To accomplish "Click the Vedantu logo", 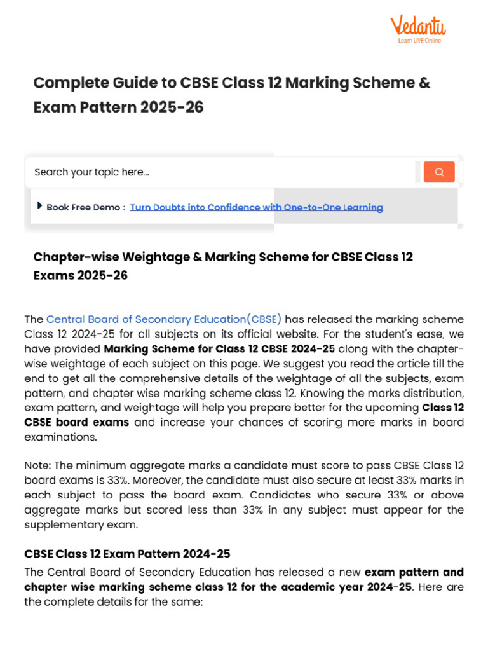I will pyautogui.click(x=417, y=27).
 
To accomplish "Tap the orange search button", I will pyautogui.click(x=439, y=172).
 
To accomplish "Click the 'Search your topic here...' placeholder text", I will pyautogui.click(x=91, y=172).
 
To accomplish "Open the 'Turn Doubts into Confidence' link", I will pyautogui.click(x=256, y=207).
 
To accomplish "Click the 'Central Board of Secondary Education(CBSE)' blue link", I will pyautogui.click(x=164, y=319).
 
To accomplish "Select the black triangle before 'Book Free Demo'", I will pyautogui.click(x=40, y=205).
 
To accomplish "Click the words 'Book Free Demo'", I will pyautogui.click(x=83, y=207).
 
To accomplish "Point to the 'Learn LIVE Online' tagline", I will pyautogui.click(x=419, y=41).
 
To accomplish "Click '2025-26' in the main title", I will pyautogui.click(x=173, y=107).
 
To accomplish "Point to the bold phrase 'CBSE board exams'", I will pyautogui.click(x=76, y=423).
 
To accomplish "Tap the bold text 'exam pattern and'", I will pyautogui.click(x=414, y=572).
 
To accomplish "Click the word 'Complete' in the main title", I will pyautogui.click(x=71, y=83).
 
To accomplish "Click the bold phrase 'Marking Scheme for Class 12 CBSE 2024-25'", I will pyautogui.click(x=220, y=348).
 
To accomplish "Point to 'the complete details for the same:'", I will pyautogui.click(x=113, y=601).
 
